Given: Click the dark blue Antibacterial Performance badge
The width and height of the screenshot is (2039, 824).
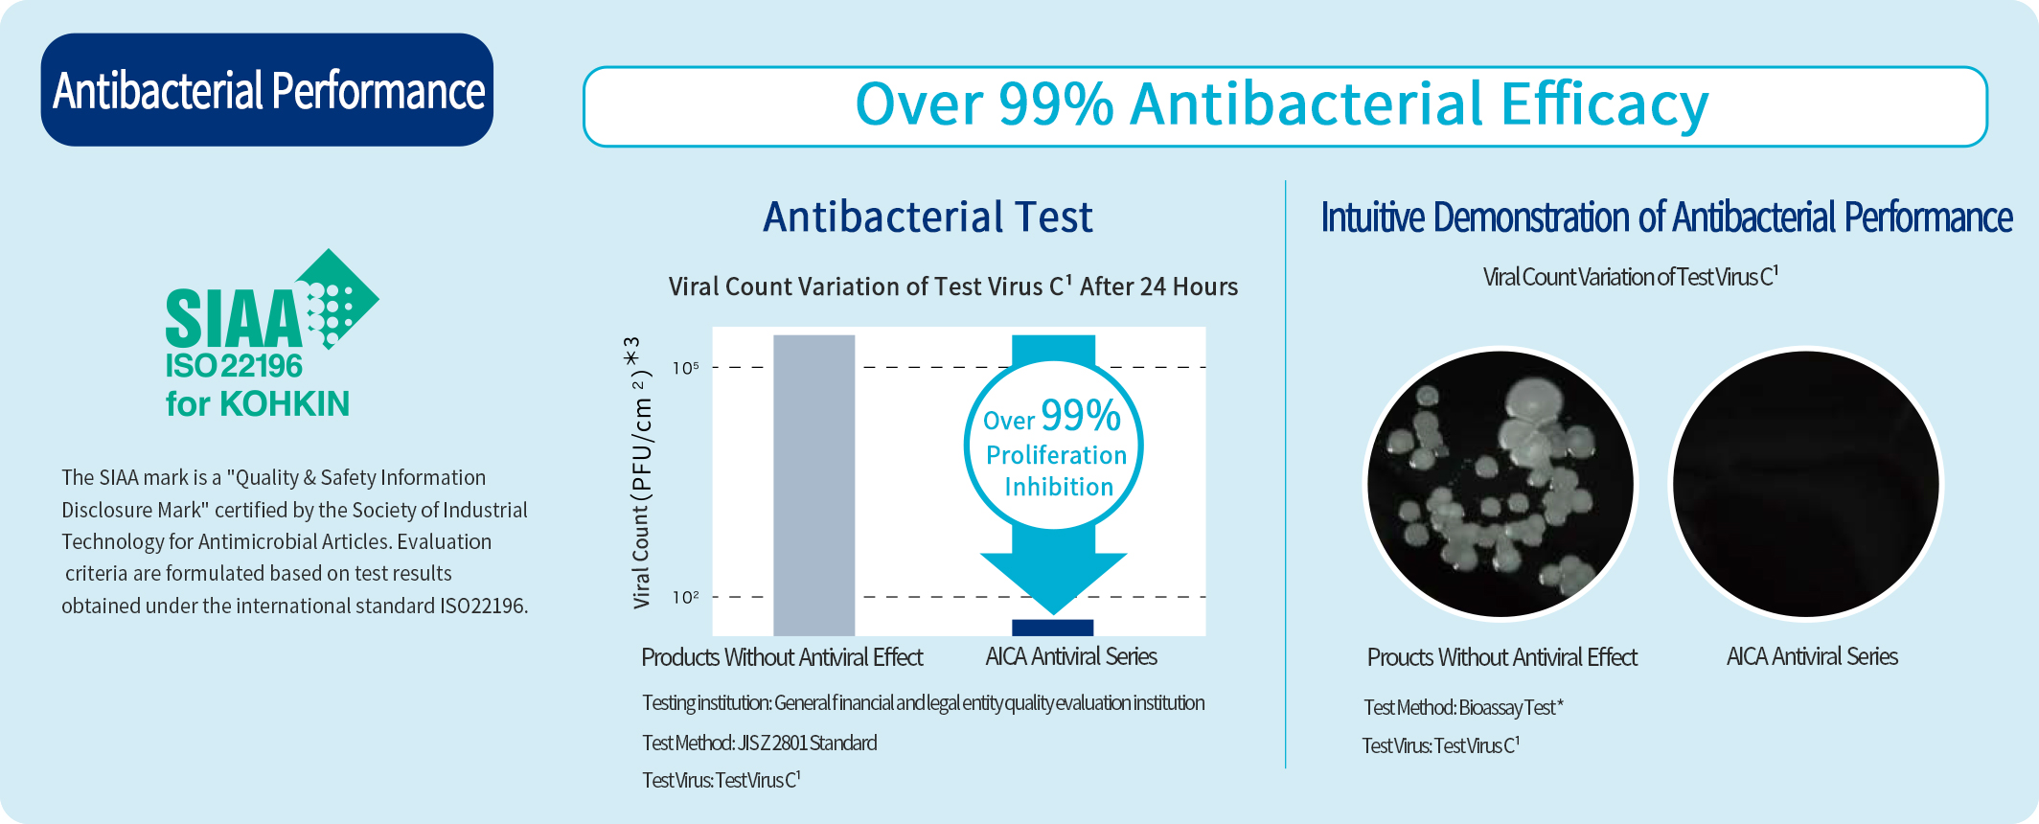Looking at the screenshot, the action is click(266, 90).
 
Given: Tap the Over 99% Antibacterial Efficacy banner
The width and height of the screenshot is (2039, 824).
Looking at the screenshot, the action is click(1285, 106).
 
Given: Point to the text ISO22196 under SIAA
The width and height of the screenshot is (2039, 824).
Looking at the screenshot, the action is click(234, 366).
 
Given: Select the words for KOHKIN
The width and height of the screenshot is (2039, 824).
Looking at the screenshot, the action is click(258, 403).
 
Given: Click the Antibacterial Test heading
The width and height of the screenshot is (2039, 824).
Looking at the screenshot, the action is click(928, 217).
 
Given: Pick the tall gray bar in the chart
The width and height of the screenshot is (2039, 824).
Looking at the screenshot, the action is click(813, 485).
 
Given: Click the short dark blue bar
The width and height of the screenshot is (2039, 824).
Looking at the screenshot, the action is click(1052, 628).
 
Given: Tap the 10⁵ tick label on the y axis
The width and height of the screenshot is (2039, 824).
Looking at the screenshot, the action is click(685, 367).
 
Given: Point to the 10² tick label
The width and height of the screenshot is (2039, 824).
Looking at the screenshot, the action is click(685, 597).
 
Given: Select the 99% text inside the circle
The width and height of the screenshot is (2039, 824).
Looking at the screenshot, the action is click(1081, 415).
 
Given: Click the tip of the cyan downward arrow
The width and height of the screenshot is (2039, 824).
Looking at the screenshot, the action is click(1053, 613).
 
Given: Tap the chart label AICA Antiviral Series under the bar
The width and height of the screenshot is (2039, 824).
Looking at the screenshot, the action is click(1071, 656).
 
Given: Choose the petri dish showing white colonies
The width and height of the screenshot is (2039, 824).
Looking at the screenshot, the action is click(1501, 484).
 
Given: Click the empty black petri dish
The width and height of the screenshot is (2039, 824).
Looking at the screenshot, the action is click(1806, 484).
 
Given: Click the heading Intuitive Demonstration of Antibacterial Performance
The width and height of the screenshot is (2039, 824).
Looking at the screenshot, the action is click(1666, 217).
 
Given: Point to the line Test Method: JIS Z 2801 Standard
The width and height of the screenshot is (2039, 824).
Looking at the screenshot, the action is click(760, 743).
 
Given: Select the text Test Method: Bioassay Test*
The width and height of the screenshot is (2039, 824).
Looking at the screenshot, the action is click(1463, 707).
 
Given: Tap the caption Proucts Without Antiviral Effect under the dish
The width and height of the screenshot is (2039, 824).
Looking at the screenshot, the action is click(1501, 657).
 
